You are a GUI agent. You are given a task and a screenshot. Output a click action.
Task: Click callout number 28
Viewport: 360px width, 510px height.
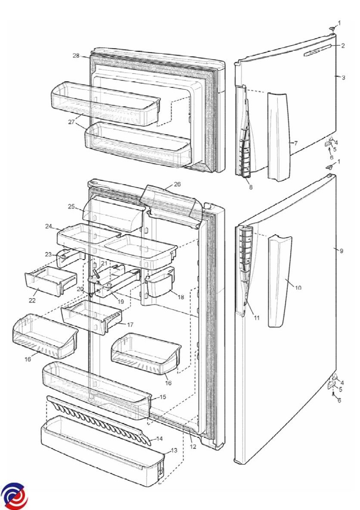click(x=76, y=56)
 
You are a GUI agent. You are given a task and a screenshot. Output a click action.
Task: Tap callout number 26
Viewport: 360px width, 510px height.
click(x=177, y=185)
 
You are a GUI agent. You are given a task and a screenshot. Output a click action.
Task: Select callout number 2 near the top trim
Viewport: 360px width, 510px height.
click(x=343, y=46)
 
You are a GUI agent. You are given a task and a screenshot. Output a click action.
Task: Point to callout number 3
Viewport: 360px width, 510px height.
click(x=343, y=77)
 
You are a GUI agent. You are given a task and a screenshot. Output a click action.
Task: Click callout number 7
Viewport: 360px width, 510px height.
click(x=295, y=143)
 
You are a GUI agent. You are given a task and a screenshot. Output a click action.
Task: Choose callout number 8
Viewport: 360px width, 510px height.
click(x=251, y=187)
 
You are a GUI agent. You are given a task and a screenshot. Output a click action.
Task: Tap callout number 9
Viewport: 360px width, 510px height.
click(x=341, y=251)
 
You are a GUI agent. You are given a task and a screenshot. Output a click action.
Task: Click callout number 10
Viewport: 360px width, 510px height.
click(x=298, y=287)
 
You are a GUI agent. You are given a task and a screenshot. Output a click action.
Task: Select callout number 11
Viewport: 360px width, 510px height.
click(x=257, y=318)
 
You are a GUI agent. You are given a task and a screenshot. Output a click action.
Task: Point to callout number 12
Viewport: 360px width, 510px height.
click(x=193, y=447)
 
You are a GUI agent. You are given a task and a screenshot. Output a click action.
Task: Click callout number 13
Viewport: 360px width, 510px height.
click(x=174, y=451)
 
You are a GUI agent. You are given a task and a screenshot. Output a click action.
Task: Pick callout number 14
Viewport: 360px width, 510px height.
click(x=159, y=439)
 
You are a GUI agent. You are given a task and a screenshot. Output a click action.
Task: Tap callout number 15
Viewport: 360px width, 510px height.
click(x=163, y=397)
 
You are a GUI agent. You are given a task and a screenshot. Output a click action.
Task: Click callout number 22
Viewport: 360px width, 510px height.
click(x=32, y=300)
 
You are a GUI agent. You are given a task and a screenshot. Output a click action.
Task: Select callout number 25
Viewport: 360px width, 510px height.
click(x=71, y=206)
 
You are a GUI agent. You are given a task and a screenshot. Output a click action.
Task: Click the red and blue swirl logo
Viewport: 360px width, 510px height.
click(x=14, y=496)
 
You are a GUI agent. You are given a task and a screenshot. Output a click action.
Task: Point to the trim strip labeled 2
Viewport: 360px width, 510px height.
click(x=318, y=50)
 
